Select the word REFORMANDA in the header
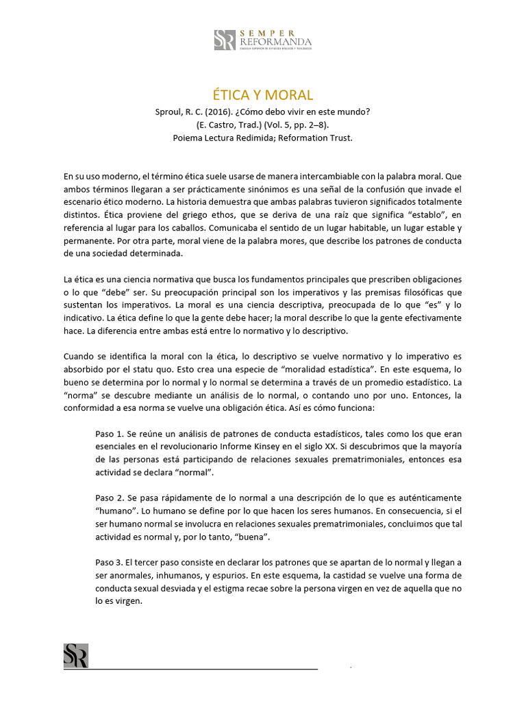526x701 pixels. click(x=275, y=42)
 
